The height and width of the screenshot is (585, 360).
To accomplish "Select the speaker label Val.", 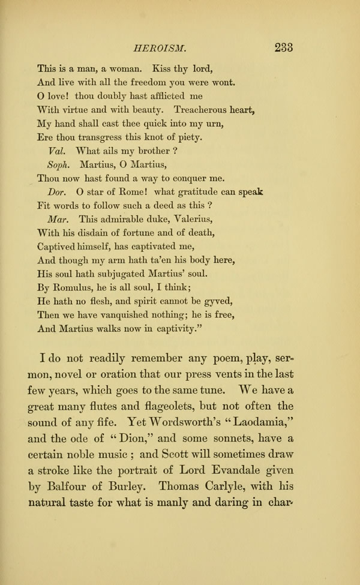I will pyautogui.click(x=56, y=149).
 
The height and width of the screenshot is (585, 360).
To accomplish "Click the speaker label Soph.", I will pyautogui.click(x=60, y=163).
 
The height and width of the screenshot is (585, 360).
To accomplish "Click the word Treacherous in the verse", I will pyautogui.click(x=204, y=110).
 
